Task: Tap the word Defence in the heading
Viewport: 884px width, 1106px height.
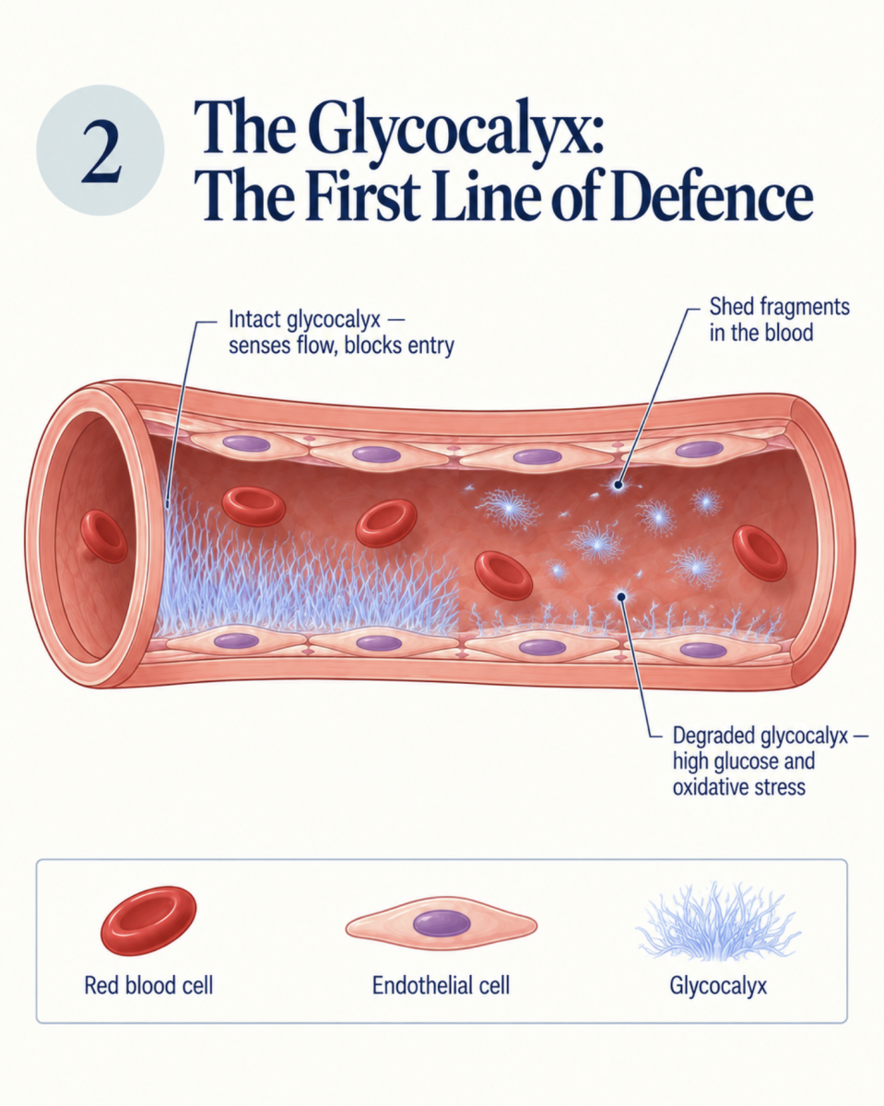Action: point(713,196)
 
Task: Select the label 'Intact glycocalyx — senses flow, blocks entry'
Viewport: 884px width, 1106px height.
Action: point(341,332)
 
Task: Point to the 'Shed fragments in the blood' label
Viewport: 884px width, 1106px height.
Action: point(779,319)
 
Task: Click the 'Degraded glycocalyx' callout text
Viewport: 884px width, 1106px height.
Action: point(770,760)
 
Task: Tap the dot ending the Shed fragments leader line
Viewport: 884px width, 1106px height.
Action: point(619,484)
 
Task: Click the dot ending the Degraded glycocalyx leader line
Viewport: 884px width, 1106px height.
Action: point(621,596)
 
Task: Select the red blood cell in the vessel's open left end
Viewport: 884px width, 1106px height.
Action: point(103,536)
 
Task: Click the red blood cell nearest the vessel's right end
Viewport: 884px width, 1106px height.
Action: point(760,553)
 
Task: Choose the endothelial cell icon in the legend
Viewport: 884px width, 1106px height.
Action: point(441,923)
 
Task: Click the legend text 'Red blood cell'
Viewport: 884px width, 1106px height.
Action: point(148,986)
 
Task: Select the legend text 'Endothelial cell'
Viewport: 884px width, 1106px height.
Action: point(441,986)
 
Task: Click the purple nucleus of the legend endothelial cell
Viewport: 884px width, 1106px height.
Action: point(442,923)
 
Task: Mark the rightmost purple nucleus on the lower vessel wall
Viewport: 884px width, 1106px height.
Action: point(702,650)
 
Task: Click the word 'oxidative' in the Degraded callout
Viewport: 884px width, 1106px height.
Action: point(713,787)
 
